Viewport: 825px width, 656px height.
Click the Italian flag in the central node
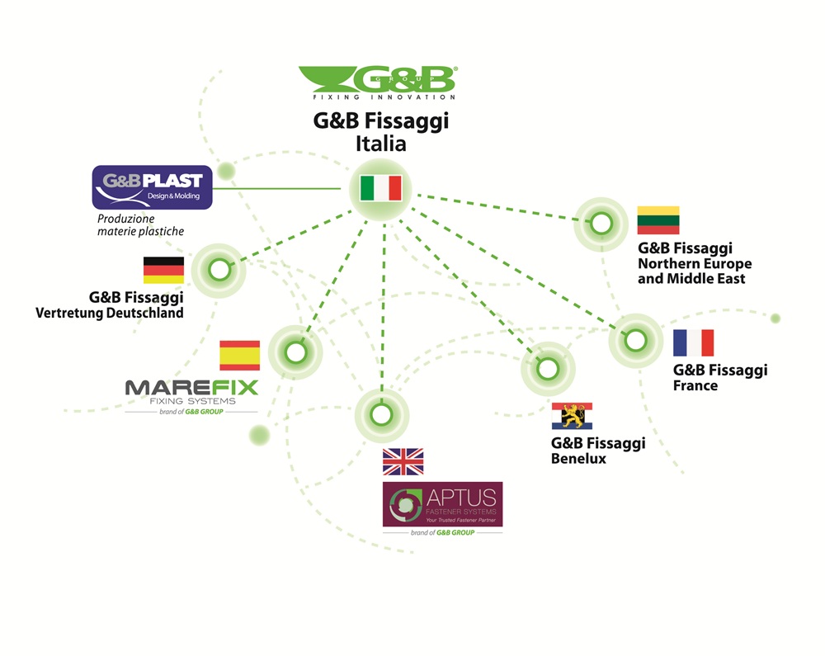[381, 188]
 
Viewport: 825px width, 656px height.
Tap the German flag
[163, 271]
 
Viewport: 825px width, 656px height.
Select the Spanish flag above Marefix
[240, 356]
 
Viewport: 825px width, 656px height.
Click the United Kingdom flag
[403, 462]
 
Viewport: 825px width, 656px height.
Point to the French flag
[694, 343]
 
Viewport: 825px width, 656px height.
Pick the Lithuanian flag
[658, 220]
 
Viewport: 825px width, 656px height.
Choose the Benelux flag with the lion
[572, 416]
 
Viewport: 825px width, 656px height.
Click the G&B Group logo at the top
[378, 83]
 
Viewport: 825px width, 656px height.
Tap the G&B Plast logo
[152, 187]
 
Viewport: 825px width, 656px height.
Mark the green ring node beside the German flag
[219, 271]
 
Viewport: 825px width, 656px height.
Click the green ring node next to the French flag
[635, 340]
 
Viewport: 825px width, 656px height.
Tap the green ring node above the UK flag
[381, 414]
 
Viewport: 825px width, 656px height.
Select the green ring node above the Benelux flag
[548, 369]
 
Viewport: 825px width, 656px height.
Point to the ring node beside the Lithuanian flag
[601, 224]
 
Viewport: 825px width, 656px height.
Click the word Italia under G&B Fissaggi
[381, 144]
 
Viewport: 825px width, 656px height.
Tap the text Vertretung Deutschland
[110, 313]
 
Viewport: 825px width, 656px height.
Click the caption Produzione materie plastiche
[140, 225]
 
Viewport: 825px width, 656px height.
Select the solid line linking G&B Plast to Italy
[276, 188]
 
